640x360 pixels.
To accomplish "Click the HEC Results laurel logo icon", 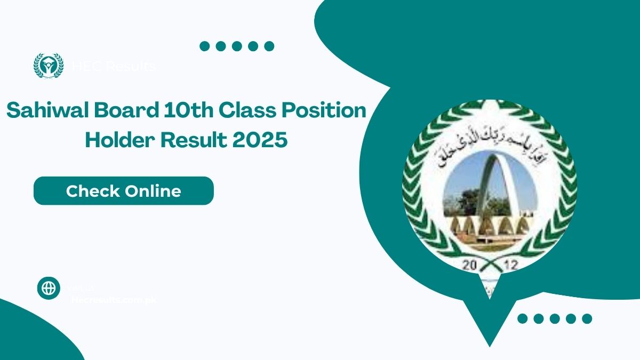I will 49,66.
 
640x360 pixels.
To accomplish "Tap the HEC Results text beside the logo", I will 114,67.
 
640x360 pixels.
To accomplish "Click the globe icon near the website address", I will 49,288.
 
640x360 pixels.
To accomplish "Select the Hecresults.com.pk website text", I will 114,300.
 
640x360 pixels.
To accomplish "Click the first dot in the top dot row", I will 205,46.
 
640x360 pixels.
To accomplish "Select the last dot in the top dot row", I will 269,46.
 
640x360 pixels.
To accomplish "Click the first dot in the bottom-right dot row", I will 523,319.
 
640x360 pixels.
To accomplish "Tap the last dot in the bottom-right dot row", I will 587,319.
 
